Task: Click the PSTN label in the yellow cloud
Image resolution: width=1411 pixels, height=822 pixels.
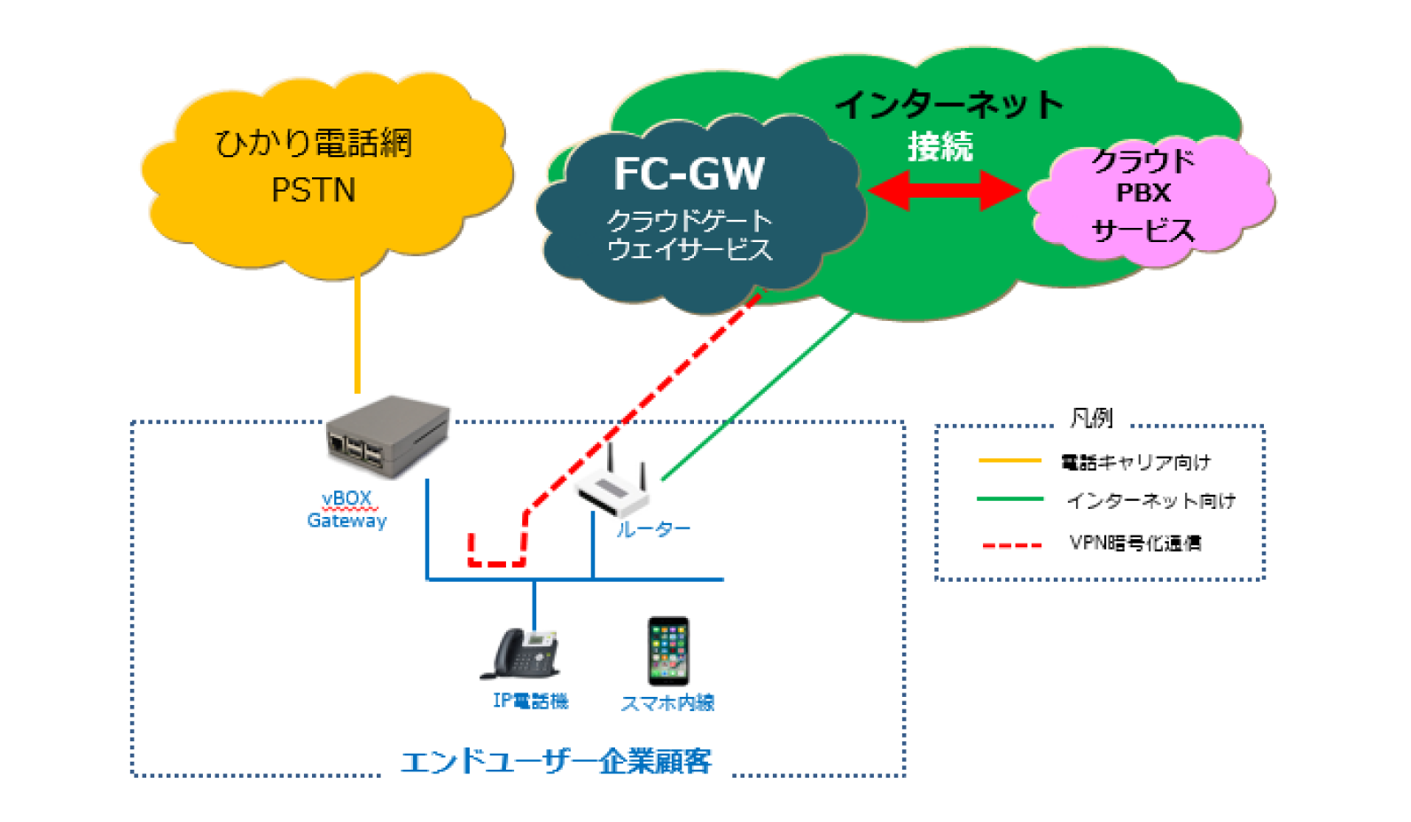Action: tap(313, 190)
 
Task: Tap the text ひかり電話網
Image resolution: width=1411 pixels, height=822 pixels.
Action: tap(313, 143)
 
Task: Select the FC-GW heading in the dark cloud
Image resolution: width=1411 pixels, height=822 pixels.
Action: tap(689, 174)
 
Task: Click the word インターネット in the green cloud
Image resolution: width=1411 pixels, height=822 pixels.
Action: tap(948, 105)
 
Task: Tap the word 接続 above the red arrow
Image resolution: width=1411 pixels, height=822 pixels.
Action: tap(940, 146)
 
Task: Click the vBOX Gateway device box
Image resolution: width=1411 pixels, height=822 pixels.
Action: tap(387, 436)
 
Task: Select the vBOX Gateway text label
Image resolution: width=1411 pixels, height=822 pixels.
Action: tap(347, 510)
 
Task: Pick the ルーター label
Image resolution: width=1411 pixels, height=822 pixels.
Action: tap(653, 529)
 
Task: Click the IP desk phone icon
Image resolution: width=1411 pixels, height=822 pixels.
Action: tap(523, 654)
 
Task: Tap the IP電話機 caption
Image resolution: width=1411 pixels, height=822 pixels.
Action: tap(530, 701)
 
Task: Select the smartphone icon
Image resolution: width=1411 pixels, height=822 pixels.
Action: tap(668, 651)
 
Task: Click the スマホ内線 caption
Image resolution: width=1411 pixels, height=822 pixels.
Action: tap(667, 703)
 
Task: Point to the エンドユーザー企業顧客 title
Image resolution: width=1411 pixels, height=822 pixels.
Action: tap(556, 762)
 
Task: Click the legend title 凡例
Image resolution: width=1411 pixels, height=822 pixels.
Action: tap(1091, 418)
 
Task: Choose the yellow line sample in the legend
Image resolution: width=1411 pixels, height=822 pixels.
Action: tap(1010, 461)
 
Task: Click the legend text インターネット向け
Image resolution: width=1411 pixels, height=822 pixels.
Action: tap(1150, 501)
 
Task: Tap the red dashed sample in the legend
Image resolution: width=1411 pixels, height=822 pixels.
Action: tap(1011, 544)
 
